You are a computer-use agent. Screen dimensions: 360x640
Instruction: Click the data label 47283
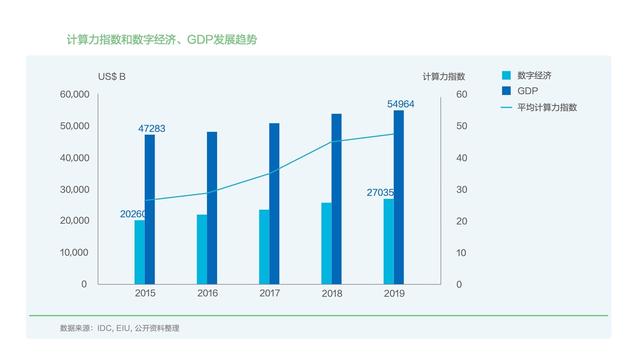tap(152, 128)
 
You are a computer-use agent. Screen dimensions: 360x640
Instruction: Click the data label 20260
tap(134, 213)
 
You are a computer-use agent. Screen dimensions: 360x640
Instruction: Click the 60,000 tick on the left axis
tap(75, 95)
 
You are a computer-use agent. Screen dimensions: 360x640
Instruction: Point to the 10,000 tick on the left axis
tap(75, 253)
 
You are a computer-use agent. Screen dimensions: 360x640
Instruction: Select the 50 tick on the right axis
tap(434, 126)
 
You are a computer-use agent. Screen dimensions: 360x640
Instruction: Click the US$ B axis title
tap(112, 76)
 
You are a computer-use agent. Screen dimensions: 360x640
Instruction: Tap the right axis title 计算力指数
tap(444, 76)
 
